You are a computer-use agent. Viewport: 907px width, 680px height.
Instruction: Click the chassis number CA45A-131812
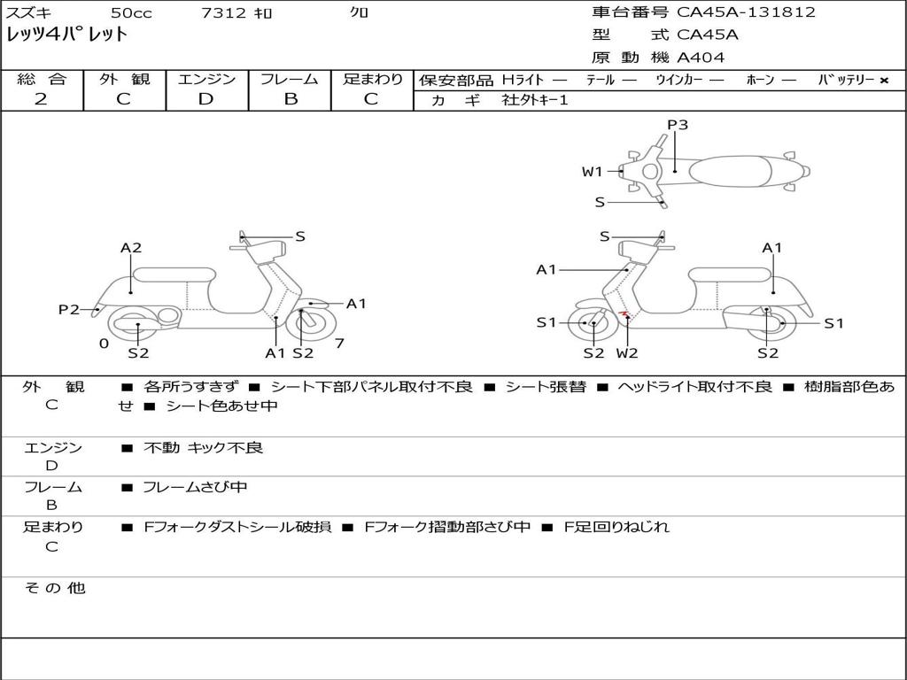pyautogui.click(x=746, y=12)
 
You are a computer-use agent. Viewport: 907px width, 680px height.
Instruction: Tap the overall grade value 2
pyautogui.click(x=41, y=99)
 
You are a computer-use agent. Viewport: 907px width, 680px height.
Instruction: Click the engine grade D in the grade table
pyautogui.click(x=205, y=99)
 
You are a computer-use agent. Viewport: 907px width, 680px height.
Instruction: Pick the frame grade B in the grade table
pyautogui.click(x=290, y=99)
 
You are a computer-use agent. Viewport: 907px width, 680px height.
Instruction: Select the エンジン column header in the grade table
pyautogui.click(x=206, y=79)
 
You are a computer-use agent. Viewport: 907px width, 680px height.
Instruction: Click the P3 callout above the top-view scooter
pyautogui.click(x=678, y=125)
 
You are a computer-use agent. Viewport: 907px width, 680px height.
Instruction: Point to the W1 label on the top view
pyautogui.click(x=592, y=172)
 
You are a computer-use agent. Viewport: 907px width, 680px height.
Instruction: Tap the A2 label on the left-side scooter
pyautogui.click(x=131, y=248)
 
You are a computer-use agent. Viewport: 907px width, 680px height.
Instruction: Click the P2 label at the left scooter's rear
pyautogui.click(x=69, y=309)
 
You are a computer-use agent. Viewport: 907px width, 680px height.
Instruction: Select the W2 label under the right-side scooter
pyautogui.click(x=627, y=353)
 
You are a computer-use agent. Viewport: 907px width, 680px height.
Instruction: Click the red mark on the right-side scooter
pyautogui.click(x=624, y=314)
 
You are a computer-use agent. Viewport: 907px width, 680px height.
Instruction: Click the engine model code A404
pyautogui.click(x=701, y=58)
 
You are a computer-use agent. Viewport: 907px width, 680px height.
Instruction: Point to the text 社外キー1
pyautogui.click(x=536, y=100)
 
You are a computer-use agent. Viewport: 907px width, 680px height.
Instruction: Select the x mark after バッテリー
pyautogui.click(x=884, y=80)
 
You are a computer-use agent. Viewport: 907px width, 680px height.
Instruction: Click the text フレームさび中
pyautogui.click(x=195, y=487)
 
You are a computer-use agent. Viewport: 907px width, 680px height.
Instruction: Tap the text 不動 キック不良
pyautogui.click(x=203, y=448)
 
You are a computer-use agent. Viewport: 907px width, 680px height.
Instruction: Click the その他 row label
pyautogui.click(x=54, y=588)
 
